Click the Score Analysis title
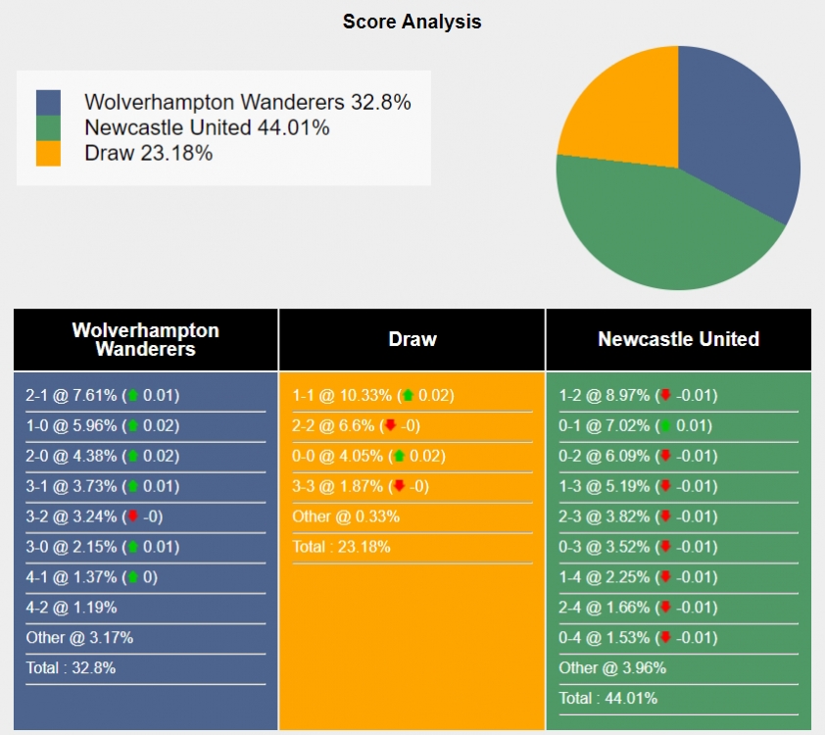tap(412, 22)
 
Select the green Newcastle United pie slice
tap(656, 230)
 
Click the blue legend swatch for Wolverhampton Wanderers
tap(48, 103)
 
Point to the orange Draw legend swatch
tap(48, 153)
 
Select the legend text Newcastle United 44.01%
tap(207, 127)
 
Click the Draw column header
tap(412, 339)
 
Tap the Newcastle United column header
tap(678, 339)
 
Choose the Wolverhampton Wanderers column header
tap(145, 339)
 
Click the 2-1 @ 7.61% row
tap(103, 396)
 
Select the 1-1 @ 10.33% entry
tap(371, 396)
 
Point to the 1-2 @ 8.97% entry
tap(638, 396)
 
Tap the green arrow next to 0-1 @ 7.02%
tap(666, 426)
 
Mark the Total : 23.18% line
tap(341, 547)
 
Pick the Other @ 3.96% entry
tap(612, 668)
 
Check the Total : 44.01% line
tap(607, 699)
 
